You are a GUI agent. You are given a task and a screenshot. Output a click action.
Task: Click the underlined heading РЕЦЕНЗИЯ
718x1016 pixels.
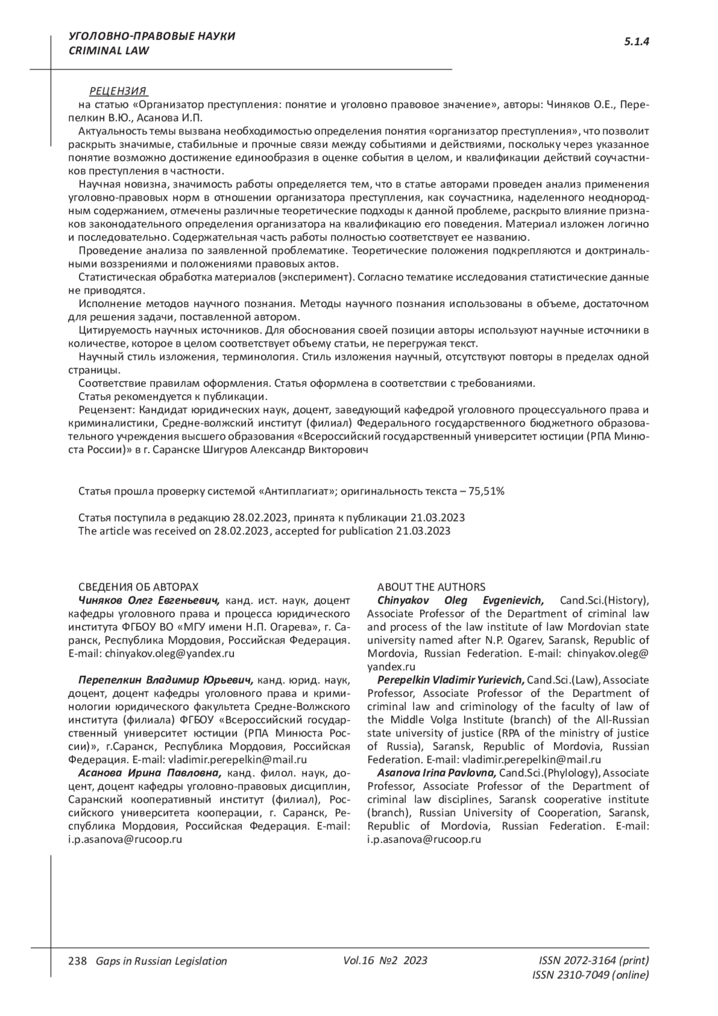(118, 91)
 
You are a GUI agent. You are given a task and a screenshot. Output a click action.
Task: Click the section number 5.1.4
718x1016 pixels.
(637, 41)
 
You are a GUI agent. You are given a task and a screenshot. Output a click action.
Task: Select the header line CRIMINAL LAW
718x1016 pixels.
(109, 51)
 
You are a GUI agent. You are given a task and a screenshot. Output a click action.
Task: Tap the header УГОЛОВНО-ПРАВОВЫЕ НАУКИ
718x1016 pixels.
(152, 37)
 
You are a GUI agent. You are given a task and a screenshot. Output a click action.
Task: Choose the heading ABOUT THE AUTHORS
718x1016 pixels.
(431, 587)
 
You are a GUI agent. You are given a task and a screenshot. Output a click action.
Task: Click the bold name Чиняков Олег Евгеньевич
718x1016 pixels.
(150, 600)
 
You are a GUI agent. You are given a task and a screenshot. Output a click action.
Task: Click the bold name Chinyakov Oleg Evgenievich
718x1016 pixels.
(460, 600)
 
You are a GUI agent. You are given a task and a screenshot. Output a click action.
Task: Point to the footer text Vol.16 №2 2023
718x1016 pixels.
(385, 960)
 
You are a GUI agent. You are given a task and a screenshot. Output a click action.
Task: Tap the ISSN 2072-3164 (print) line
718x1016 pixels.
(594, 960)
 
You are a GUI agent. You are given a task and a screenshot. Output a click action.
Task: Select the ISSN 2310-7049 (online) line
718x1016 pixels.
(590, 975)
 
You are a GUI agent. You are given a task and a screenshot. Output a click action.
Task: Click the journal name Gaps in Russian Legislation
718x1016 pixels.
(157, 961)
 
